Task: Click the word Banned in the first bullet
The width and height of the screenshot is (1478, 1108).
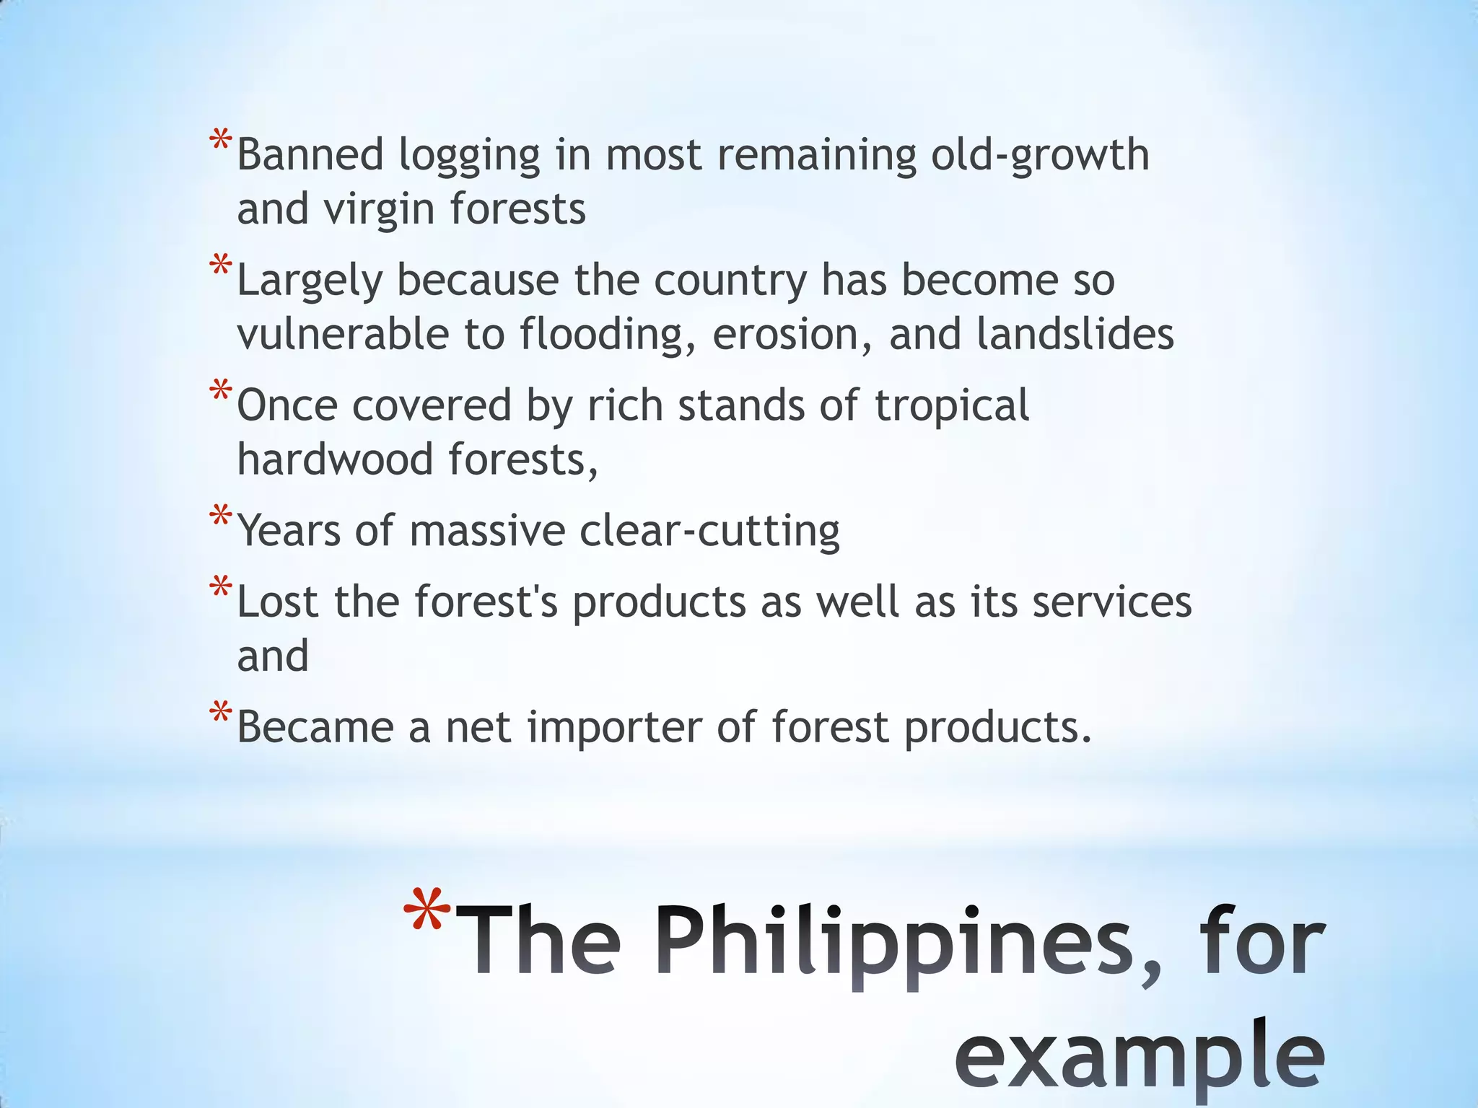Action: [310, 155]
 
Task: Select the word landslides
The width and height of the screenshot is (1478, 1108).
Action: [1075, 334]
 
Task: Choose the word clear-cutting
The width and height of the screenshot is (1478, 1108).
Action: [709, 532]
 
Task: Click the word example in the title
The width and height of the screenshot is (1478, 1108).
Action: [1140, 1057]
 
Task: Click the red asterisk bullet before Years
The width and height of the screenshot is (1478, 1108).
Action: [220, 516]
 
